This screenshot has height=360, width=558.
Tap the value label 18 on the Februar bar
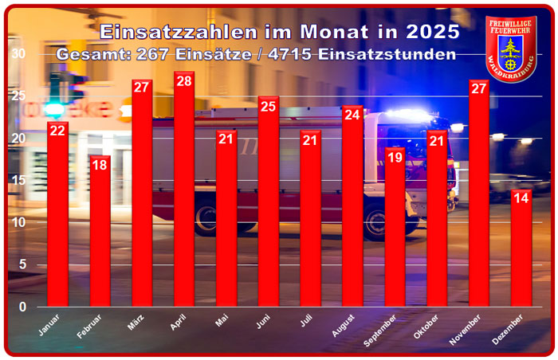[100, 165]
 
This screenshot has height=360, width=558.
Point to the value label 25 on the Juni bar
[269, 107]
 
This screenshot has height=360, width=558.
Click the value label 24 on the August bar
[352, 115]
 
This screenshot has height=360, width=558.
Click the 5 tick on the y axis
[22, 264]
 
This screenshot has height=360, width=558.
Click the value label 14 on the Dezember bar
[521, 199]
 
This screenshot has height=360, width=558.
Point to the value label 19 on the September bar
[395, 157]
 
